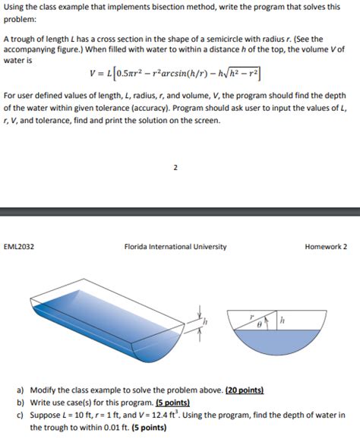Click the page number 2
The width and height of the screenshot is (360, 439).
click(175, 167)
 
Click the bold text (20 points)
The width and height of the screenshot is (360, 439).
click(245, 390)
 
